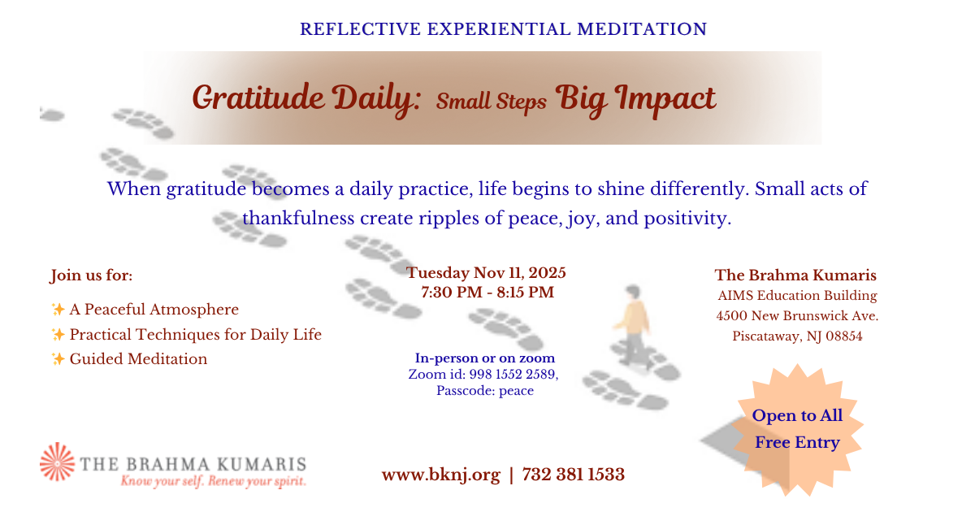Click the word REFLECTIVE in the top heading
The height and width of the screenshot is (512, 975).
pos(361,29)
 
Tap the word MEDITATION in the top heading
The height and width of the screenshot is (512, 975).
pos(642,29)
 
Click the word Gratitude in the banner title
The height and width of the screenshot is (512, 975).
pos(258,98)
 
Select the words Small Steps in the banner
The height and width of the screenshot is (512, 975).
pos(492,102)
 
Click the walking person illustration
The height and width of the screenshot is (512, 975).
pos(632,325)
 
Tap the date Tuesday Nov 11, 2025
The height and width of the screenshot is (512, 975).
pos(486,273)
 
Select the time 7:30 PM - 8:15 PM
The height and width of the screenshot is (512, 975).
pos(487,292)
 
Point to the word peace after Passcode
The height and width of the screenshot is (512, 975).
pos(516,391)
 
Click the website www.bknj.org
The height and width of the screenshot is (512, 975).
pos(441,474)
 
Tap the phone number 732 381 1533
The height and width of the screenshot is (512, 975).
pos(574,474)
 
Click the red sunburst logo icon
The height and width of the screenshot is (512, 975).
pos(57,462)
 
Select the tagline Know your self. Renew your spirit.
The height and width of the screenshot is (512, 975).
pos(213,481)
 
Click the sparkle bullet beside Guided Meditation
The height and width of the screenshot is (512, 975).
pos(58,358)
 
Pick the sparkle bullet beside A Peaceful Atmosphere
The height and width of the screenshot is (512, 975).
pos(58,309)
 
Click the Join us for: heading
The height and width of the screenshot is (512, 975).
pos(91,276)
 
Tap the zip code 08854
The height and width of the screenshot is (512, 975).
pos(844,336)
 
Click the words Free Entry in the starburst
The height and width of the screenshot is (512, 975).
pos(797,442)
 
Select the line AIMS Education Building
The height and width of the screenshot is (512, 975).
pos(797,296)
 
